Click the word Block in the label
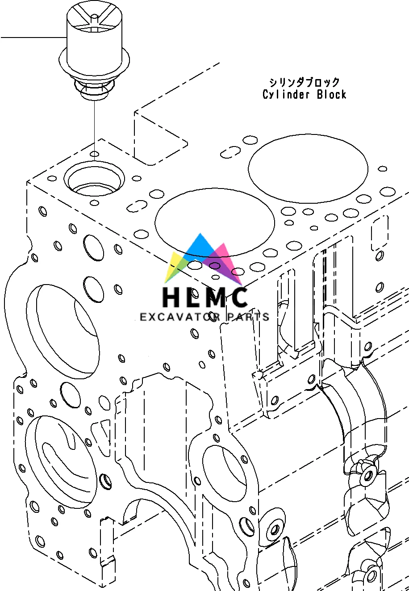point(331,95)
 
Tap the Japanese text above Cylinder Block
point(304,83)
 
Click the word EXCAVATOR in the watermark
point(180,317)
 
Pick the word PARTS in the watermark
point(248,317)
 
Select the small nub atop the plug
point(94,18)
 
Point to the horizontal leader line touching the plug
point(31,38)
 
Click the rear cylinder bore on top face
point(308,167)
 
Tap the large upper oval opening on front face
point(63,331)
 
